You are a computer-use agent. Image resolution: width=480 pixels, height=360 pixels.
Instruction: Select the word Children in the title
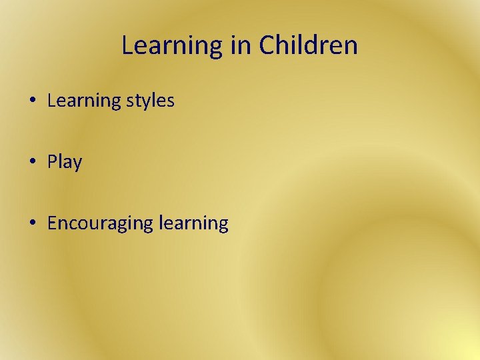(x=309, y=46)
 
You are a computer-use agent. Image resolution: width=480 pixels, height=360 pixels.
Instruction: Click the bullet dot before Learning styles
(x=33, y=101)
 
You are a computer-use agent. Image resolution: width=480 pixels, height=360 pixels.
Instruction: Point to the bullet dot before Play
(x=33, y=162)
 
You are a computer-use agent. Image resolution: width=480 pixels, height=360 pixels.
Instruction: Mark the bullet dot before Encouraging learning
(x=33, y=223)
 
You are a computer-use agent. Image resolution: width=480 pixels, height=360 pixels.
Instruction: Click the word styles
(x=149, y=101)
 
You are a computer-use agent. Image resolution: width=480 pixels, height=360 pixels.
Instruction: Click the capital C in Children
(x=267, y=46)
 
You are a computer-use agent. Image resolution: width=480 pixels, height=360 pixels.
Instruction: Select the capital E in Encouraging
(x=52, y=223)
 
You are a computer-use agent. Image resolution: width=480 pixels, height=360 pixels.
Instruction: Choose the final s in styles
(x=171, y=102)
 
